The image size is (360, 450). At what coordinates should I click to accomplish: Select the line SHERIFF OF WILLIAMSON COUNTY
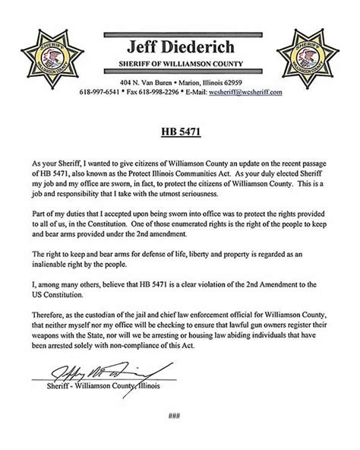tap(180, 62)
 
